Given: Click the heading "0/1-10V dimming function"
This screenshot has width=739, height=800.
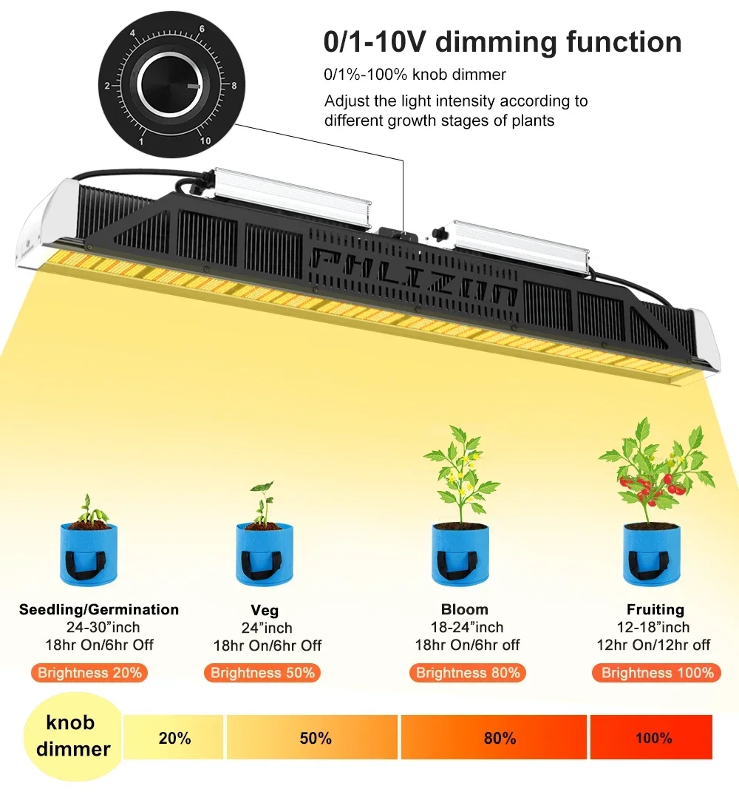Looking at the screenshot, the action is pos(503,41).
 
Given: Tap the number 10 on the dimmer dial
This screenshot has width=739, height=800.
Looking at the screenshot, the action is pos(205,140).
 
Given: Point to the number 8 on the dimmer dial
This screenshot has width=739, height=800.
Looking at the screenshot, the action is pos(234,86).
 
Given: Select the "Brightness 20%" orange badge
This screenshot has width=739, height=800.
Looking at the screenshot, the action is pos(89,673).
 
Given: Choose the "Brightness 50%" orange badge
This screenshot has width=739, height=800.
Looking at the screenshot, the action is pos(262,673).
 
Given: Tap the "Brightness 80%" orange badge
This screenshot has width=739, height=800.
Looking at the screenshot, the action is pos(468,673).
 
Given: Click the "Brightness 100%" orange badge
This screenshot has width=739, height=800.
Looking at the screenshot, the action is pos(657,673).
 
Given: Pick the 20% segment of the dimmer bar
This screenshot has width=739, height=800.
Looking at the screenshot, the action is pos(174,738).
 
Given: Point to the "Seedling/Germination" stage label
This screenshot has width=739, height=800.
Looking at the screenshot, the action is pos(99,610).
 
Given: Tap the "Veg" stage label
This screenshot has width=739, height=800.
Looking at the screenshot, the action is pos(265,611).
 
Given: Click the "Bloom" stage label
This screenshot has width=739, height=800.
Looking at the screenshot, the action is pos(464,610).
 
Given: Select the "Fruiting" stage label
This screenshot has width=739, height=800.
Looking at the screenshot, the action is pos(655,610).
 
